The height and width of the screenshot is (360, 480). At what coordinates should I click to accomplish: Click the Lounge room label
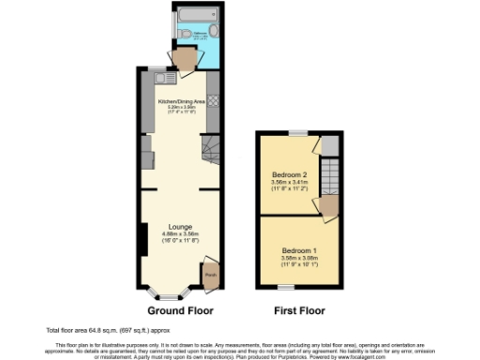coord(181,226)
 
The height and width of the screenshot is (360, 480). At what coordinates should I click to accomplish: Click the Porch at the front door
coord(210,276)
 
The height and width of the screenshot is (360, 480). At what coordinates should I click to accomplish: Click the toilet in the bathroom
coord(189,36)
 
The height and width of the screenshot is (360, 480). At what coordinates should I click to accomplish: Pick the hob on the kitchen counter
coord(213,100)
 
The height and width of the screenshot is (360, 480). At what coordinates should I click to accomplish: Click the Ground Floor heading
coord(181,310)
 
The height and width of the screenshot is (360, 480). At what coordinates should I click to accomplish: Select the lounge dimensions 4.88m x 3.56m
coord(181,233)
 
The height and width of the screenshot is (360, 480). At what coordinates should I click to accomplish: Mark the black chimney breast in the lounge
coord(141,239)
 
